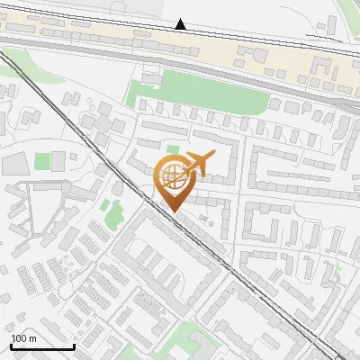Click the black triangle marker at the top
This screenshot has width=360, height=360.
[181, 24]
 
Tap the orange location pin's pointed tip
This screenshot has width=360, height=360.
[173, 211]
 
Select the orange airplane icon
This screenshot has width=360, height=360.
[198, 164]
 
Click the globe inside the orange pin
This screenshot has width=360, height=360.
[173, 176]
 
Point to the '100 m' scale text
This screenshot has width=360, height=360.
[23, 338]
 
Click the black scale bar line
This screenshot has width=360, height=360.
[42, 346]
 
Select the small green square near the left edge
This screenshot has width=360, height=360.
[42, 161]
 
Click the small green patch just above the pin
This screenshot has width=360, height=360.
[171, 149]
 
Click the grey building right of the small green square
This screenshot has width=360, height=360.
[58, 161]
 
